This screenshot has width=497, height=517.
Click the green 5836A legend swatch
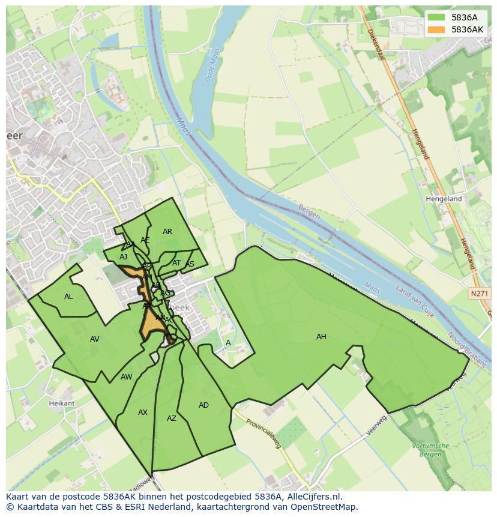[436, 17]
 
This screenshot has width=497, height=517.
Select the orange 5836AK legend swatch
[436, 29]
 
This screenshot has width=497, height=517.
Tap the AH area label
[321, 337]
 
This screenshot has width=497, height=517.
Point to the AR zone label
[167, 232]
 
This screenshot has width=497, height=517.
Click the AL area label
[68, 297]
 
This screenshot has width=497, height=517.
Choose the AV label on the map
[94, 339]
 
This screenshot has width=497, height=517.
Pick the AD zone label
[203, 405]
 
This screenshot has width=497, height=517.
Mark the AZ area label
[172, 419]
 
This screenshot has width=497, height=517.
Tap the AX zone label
[142, 413]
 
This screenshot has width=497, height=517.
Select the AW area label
[126, 377]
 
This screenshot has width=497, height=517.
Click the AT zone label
[176, 263]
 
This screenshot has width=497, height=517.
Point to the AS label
[190, 264]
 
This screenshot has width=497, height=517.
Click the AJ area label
[123, 257]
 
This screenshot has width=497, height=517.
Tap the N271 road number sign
[478, 294]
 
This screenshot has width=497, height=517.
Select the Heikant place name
[62, 404]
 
